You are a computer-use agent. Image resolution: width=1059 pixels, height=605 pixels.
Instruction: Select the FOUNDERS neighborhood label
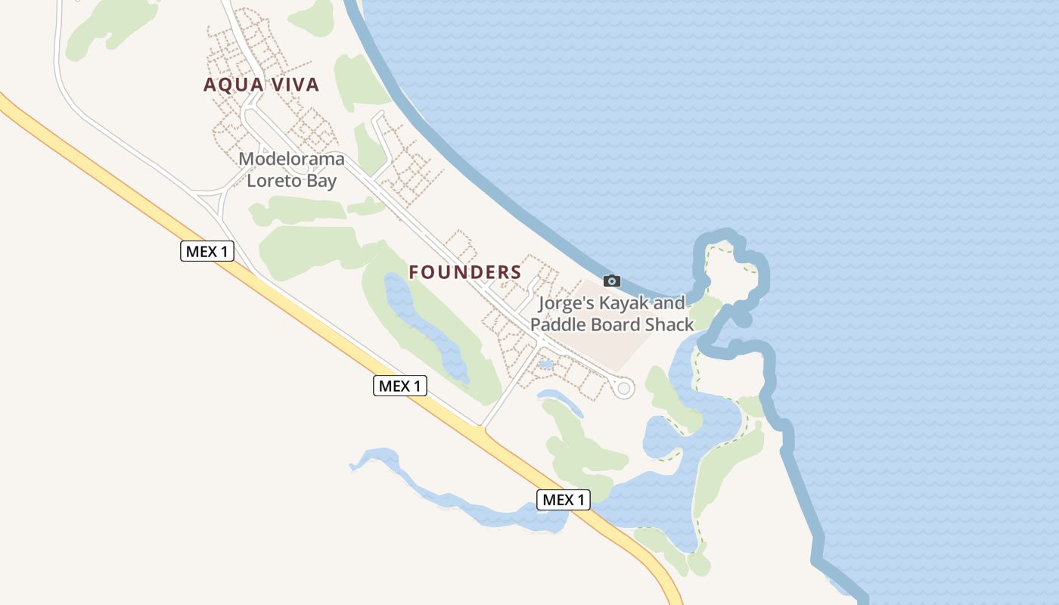(x=465, y=272)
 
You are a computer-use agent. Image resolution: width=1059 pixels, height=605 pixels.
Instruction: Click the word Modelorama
(x=291, y=160)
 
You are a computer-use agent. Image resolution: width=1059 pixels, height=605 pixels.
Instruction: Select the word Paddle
(x=556, y=325)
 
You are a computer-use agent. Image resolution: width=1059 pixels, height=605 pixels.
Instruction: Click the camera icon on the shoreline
(x=612, y=281)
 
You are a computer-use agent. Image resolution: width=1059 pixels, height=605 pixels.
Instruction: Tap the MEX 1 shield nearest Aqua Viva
(x=207, y=251)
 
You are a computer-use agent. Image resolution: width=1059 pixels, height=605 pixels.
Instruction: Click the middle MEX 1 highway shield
(x=400, y=386)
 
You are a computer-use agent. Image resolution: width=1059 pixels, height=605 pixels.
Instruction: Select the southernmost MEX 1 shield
(x=564, y=499)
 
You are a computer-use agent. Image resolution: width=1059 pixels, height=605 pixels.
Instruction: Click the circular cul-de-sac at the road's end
(x=624, y=389)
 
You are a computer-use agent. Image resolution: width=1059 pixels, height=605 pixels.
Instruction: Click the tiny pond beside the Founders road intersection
(x=545, y=365)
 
